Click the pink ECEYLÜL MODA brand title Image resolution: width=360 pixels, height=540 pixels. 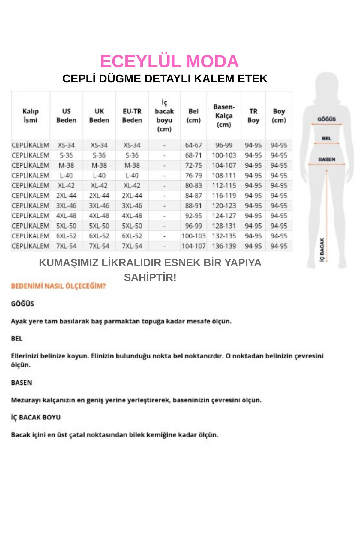(x=169, y=61)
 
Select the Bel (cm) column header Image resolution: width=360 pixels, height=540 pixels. (x=193, y=115)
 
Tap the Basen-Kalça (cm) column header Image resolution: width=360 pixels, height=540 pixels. (x=224, y=115)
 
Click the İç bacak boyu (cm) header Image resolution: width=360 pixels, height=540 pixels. (x=164, y=115)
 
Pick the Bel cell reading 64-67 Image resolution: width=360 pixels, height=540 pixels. (x=193, y=145)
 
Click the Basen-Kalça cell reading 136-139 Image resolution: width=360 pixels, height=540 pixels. (x=224, y=246)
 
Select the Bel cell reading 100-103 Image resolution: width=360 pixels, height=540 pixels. (x=193, y=236)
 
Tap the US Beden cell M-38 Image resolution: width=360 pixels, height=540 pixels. (x=66, y=165)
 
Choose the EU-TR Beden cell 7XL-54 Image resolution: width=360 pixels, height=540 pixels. (x=132, y=246)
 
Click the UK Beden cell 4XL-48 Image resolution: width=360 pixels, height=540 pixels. (x=99, y=216)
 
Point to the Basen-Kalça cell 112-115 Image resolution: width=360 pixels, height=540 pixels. (x=224, y=185)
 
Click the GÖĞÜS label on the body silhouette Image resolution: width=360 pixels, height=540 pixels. (x=326, y=119)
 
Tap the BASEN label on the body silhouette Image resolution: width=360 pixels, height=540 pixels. (x=327, y=159)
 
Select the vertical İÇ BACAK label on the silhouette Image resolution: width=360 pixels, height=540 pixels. (x=322, y=250)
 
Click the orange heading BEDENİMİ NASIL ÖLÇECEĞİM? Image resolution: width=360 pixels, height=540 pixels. (x=58, y=286)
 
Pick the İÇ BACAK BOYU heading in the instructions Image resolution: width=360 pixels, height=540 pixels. (x=36, y=417)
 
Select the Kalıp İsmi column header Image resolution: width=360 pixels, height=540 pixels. (x=30, y=115)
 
